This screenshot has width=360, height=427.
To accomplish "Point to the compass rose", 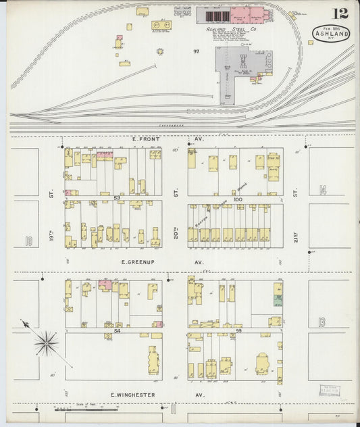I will pos(45,343).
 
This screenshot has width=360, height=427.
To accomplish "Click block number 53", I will pos(117,198).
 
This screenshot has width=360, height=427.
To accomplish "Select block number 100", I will pos(237,199).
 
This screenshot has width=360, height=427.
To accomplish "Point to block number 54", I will pos(117,331).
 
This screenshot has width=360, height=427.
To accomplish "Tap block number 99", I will pos(237,331).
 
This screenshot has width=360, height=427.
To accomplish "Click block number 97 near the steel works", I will pos(196,51).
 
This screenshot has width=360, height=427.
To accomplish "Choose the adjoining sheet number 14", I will pos(323,190).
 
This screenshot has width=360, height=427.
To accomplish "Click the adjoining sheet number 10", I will pos(28,241).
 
